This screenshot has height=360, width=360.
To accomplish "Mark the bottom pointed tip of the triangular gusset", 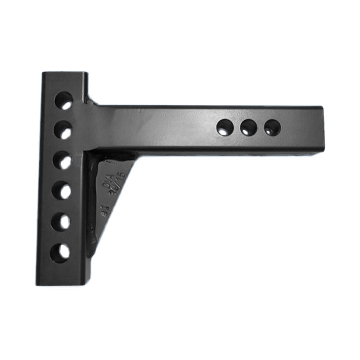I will (x=91, y=256).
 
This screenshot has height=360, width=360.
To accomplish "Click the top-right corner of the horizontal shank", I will (x=322, y=107).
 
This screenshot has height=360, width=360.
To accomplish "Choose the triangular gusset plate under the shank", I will (x=108, y=189).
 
